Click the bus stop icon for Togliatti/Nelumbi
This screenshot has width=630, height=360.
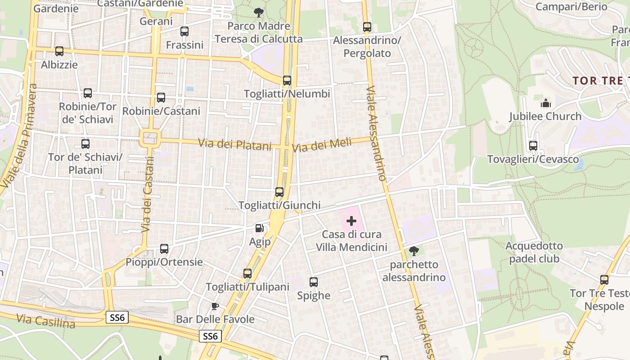[x=287, y=81]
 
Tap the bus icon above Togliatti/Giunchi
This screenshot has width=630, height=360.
[x=279, y=192]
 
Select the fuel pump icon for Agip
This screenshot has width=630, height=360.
[x=260, y=229]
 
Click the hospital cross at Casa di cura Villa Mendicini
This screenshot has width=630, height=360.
[x=351, y=221]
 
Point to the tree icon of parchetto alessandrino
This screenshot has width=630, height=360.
[x=414, y=251]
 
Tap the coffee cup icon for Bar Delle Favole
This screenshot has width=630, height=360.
[x=215, y=306]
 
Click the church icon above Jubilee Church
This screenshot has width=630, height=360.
[x=545, y=103]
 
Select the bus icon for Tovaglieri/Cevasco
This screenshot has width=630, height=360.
[x=533, y=146]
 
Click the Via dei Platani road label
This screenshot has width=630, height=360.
[x=235, y=145]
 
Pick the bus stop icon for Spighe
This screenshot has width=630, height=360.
[x=314, y=282]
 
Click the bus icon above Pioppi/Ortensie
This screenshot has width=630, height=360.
[x=164, y=249]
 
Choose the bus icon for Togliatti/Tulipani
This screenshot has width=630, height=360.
[x=247, y=273]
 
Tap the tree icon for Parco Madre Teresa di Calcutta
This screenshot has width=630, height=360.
[x=259, y=12]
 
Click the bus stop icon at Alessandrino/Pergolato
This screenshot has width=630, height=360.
[x=367, y=27]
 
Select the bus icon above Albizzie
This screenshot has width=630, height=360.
[x=59, y=51]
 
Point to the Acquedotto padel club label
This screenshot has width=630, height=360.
[x=534, y=252]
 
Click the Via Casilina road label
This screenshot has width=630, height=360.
[x=45, y=321]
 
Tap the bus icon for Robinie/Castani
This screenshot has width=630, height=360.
[x=161, y=97]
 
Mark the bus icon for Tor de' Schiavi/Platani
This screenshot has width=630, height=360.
[x=85, y=144]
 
